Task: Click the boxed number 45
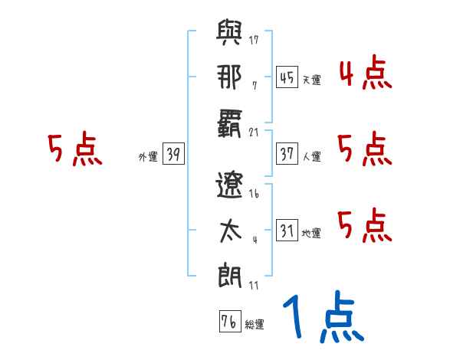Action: (x=287, y=77)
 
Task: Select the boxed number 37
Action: (x=287, y=154)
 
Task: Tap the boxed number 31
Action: (x=287, y=231)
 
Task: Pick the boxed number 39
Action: (x=173, y=154)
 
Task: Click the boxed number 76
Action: (x=228, y=322)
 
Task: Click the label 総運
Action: (x=255, y=324)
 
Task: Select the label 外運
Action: (x=147, y=156)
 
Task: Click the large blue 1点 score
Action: (x=322, y=319)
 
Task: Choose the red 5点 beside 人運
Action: (x=365, y=149)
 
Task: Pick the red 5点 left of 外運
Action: (x=75, y=149)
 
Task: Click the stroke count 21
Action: (x=255, y=132)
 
